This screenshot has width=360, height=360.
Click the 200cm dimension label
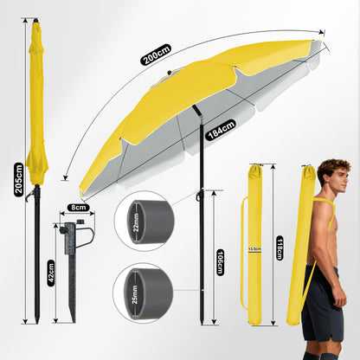tap(156, 55)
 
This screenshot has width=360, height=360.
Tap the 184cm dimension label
tap(221, 130)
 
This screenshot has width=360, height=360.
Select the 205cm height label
tap(19, 179)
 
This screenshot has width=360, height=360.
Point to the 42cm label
tap(51, 273)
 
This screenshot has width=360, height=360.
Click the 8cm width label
tap(79, 208)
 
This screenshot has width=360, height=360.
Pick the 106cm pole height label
tap(220, 262)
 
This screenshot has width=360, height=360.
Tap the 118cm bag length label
tap(280, 247)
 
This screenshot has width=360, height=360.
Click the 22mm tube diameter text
tap(136, 222)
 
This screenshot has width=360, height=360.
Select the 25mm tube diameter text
tap(134, 295)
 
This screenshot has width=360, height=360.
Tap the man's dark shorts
tap(322, 303)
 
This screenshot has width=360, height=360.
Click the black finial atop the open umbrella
tap(170, 73)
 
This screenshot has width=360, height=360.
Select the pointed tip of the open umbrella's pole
tap(202, 322)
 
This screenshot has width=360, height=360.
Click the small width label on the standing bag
tap(255, 248)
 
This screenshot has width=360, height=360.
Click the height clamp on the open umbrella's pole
tap(200, 196)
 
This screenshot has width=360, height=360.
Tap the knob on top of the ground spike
tap(80, 222)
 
